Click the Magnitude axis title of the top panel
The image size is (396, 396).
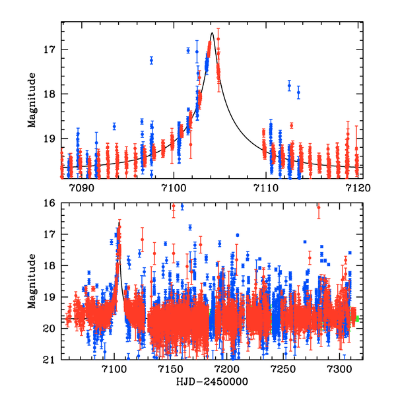click(31, 100)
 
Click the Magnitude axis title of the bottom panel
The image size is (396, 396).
click(31, 281)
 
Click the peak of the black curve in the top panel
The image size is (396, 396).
click(212, 32)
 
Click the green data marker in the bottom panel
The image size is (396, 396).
click(356, 318)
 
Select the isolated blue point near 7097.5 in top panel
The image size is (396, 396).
click(151, 60)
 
